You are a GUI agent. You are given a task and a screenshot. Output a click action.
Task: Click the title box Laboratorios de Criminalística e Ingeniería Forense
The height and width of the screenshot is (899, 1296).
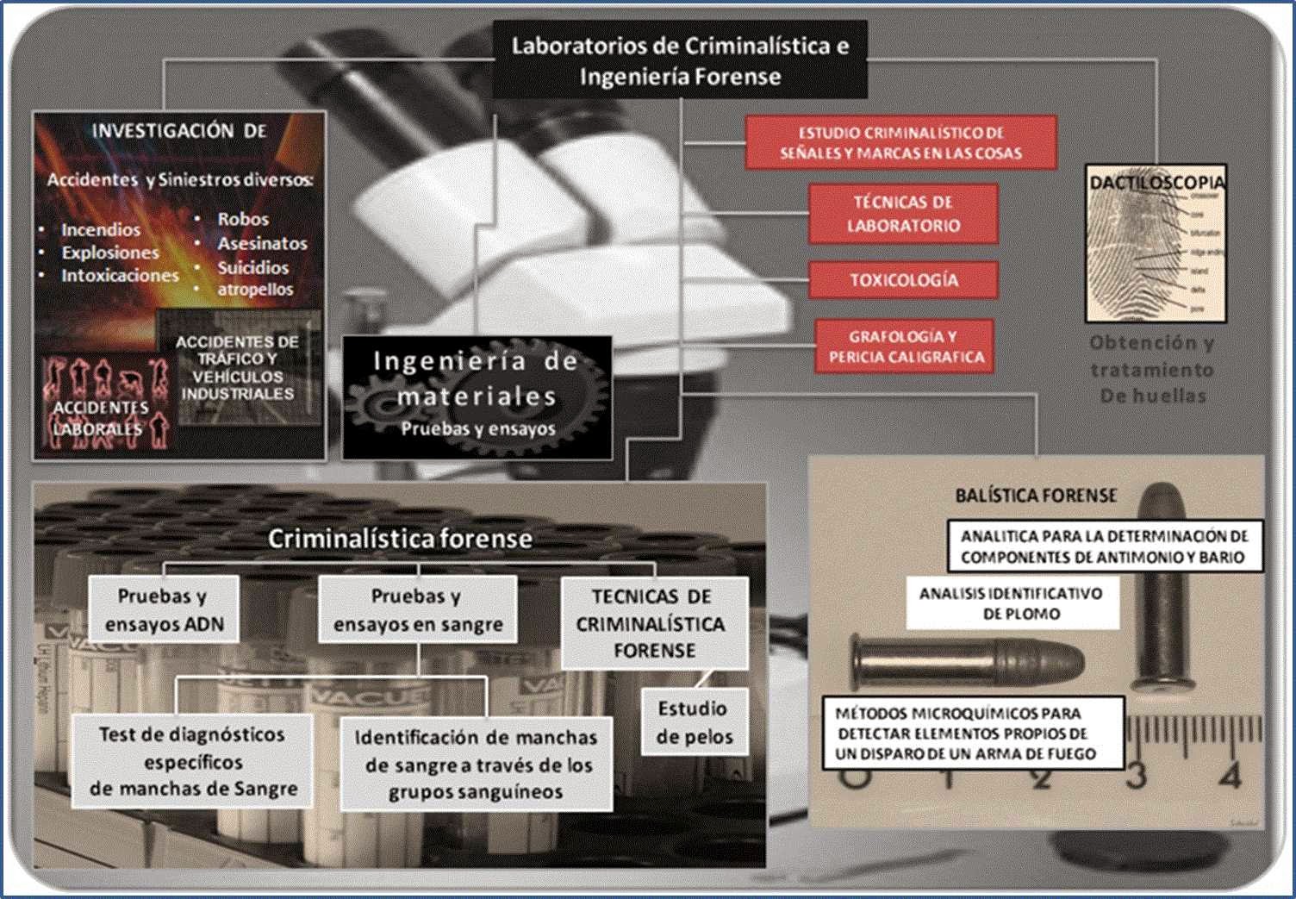pyautogui.click(x=680, y=60)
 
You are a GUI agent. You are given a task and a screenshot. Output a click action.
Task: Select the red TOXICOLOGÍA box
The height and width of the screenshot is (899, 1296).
pyautogui.click(x=903, y=280)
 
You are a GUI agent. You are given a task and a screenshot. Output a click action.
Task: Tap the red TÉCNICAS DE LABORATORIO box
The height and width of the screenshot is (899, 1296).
pyautogui.click(x=903, y=214)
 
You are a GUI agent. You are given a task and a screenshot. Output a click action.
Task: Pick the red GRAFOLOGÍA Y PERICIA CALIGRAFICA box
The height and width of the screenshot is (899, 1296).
pyautogui.click(x=905, y=346)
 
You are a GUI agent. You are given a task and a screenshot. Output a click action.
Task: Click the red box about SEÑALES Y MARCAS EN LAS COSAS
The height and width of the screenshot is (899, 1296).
pyautogui.click(x=900, y=143)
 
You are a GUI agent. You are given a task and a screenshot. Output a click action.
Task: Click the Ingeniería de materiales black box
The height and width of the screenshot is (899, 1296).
pyautogui.click(x=477, y=396)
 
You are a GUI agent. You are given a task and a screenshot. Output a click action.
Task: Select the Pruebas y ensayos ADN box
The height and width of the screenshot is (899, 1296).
pyautogui.click(x=164, y=609)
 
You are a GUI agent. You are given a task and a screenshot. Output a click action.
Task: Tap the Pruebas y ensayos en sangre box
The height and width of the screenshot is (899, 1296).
pyautogui.click(x=418, y=609)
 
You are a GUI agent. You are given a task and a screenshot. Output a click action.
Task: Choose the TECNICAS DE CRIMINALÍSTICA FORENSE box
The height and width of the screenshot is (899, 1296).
pyautogui.click(x=653, y=622)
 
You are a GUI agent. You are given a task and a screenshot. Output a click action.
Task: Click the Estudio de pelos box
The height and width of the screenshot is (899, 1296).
pyautogui.click(x=694, y=722)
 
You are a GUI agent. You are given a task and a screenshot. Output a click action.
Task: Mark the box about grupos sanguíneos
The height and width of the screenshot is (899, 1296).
pyautogui.click(x=476, y=765)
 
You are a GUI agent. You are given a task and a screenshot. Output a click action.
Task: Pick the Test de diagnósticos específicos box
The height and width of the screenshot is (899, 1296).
pyautogui.click(x=192, y=761)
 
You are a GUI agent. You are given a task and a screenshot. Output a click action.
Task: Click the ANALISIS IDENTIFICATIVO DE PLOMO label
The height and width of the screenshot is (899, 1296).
pyautogui.click(x=1010, y=603)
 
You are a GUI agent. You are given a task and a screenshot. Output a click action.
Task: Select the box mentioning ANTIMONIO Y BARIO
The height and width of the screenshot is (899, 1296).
pyautogui.click(x=1104, y=546)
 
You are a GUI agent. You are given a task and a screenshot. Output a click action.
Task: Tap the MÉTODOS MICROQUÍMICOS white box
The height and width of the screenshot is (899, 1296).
pyautogui.click(x=972, y=734)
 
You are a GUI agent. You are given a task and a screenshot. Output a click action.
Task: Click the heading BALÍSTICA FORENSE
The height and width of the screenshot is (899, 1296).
pyautogui.click(x=1035, y=496)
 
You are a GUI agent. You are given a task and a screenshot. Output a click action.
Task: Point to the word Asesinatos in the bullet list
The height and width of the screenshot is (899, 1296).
pyautogui.click(x=262, y=244)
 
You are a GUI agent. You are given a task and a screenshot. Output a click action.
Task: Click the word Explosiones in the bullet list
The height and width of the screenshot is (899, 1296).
pyautogui.click(x=110, y=253)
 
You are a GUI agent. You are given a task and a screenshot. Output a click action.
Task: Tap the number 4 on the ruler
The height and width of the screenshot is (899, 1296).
pyautogui.click(x=1230, y=776)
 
